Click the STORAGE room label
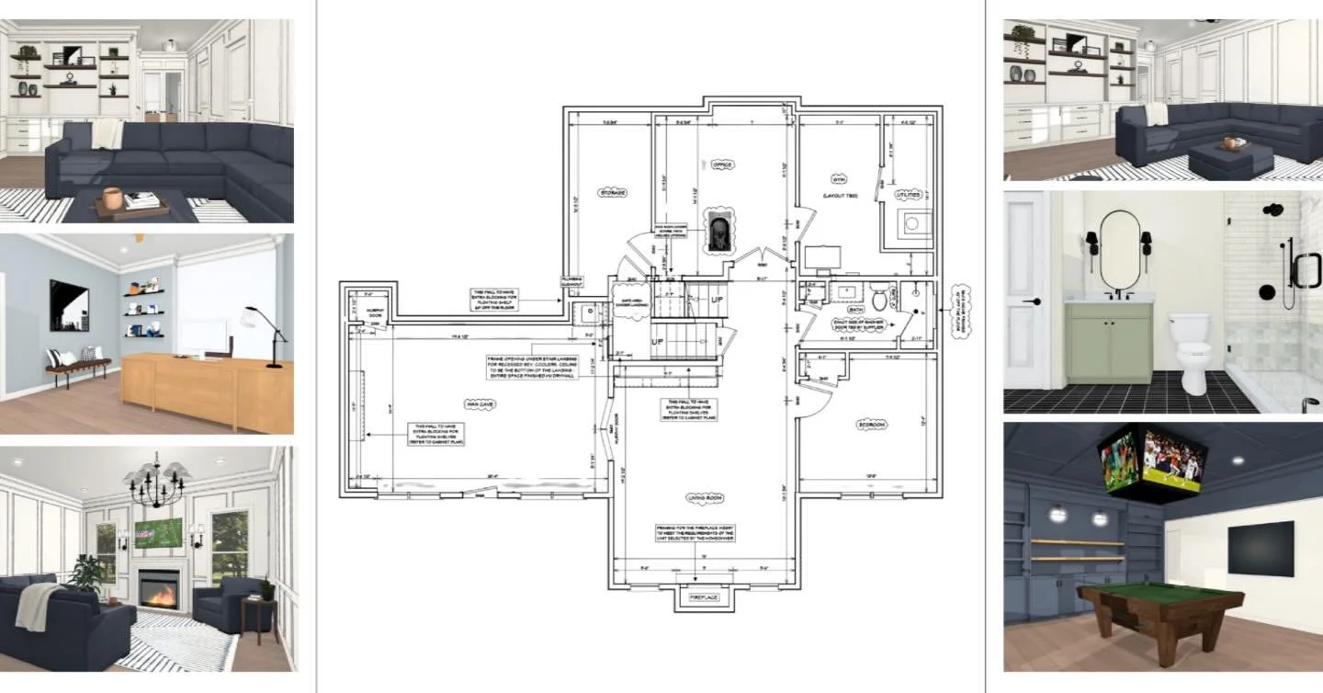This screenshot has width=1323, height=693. [613, 193]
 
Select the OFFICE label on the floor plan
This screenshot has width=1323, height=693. [721, 165]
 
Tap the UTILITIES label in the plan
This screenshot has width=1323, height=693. [908, 195]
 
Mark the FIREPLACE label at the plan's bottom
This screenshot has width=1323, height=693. [705, 598]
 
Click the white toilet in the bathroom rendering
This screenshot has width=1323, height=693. [1193, 351]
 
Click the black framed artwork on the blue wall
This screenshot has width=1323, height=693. [69, 305]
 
